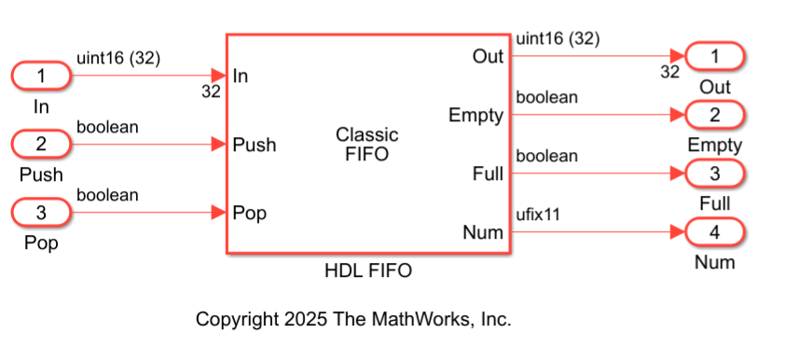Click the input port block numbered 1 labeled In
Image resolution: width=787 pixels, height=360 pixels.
(x=40, y=76)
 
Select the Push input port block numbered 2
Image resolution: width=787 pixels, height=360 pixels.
(x=40, y=145)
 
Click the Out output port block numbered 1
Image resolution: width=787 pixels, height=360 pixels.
(x=715, y=57)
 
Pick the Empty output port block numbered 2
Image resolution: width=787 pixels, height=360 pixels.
(x=715, y=116)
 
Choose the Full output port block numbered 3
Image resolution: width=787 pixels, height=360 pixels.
(x=715, y=174)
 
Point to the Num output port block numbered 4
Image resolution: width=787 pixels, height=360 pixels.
(x=715, y=232)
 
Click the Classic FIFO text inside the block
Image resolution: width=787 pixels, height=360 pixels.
(x=367, y=145)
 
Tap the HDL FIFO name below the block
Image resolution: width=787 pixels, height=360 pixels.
(x=367, y=272)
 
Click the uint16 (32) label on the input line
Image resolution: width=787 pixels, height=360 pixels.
(x=118, y=58)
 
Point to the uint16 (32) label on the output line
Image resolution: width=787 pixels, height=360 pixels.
(x=558, y=39)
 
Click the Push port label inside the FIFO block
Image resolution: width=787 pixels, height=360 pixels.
(x=254, y=145)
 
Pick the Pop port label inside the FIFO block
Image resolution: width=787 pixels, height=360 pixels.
(x=250, y=214)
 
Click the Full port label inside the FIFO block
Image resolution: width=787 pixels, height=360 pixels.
(x=487, y=174)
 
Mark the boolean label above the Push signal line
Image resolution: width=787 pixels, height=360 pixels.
(x=107, y=127)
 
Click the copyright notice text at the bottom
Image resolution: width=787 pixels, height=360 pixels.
(x=353, y=319)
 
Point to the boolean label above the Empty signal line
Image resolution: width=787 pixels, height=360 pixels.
(x=546, y=97)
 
